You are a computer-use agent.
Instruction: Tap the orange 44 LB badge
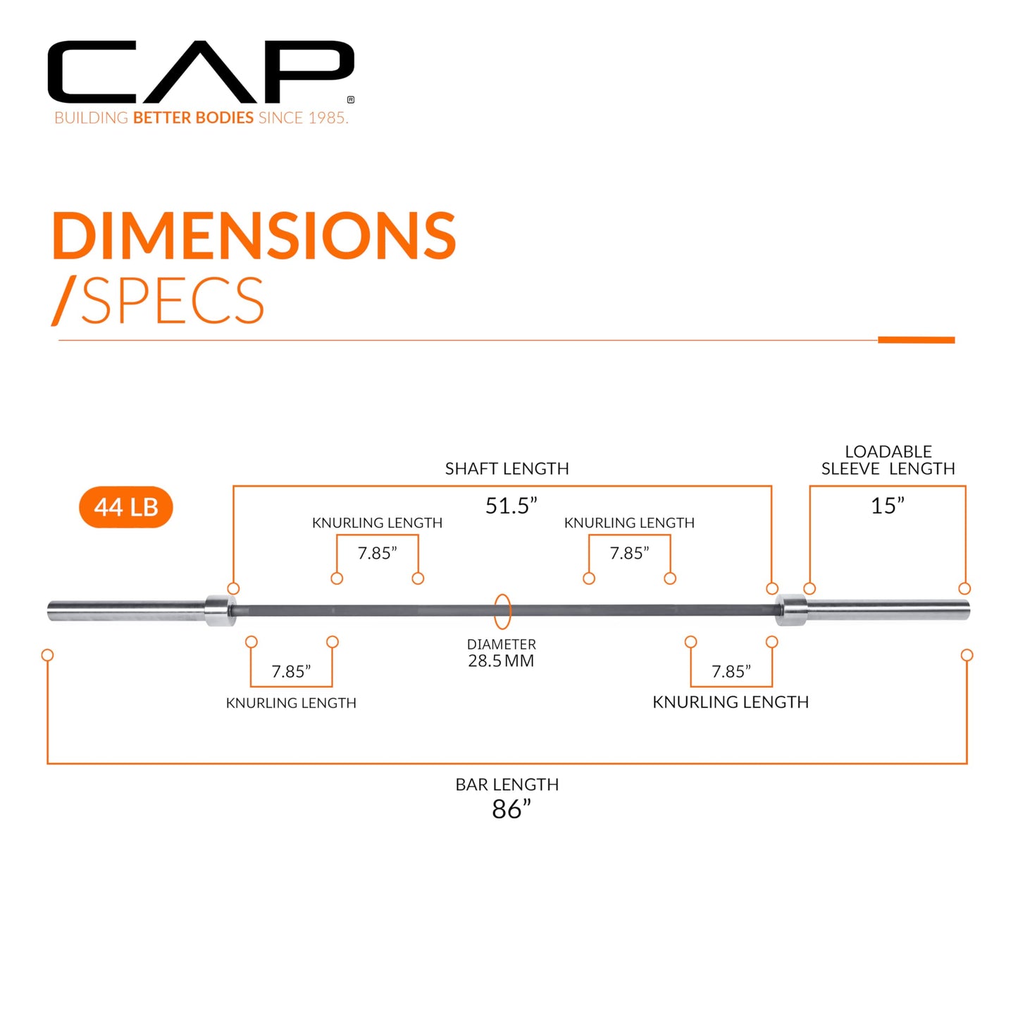point(125,507)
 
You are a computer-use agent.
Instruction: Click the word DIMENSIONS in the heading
point(254,235)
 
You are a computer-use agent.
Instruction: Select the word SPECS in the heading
point(172,300)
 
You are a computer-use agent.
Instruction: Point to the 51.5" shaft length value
point(511,506)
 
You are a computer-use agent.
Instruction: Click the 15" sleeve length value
point(888,506)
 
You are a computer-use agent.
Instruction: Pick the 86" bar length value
point(511,809)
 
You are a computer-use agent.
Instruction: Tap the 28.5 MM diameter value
point(501,661)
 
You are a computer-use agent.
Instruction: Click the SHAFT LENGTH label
point(507,468)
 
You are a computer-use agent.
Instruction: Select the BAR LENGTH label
point(507,785)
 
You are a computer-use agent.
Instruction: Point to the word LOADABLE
point(888,452)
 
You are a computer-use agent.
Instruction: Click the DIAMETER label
point(502,645)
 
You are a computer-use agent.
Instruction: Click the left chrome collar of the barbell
point(221,610)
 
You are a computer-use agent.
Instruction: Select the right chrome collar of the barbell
point(791,610)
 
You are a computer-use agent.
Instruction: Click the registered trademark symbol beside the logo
point(351,100)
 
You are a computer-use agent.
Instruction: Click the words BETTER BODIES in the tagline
point(193,118)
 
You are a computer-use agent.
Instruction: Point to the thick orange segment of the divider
point(916,340)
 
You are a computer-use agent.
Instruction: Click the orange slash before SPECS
point(64,300)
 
